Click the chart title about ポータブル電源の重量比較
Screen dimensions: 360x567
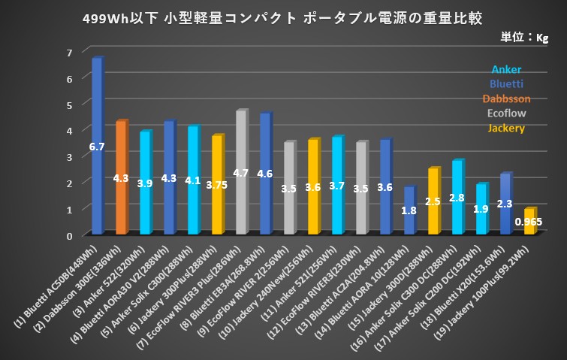[x=283, y=17]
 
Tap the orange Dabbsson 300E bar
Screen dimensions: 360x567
[x=120, y=177]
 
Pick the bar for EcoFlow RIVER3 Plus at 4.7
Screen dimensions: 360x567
[x=240, y=172]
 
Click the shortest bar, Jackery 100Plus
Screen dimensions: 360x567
[x=529, y=222]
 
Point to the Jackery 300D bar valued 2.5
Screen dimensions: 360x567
[x=433, y=201]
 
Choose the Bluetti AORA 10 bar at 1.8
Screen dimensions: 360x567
[x=409, y=210]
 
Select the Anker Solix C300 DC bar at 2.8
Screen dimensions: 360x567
[x=457, y=198]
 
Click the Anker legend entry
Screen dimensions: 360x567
[x=506, y=70]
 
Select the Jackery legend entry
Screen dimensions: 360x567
[x=506, y=128]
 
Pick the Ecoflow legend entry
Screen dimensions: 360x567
[x=506, y=113]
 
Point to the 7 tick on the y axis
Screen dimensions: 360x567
[x=69, y=52]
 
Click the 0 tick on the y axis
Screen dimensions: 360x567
[x=69, y=235]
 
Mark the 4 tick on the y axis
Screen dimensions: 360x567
[x=69, y=131]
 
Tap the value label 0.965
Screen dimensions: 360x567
[x=528, y=223]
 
